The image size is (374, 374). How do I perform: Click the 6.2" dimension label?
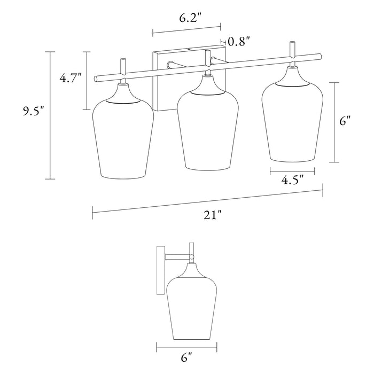[191, 18]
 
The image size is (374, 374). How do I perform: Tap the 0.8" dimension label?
[239, 42]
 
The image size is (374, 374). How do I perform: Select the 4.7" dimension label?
[71, 78]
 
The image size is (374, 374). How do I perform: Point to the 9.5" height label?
[34, 111]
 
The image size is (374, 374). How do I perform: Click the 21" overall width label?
[213, 215]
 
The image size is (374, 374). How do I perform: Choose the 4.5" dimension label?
[293, 180]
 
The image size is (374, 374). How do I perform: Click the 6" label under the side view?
[186, 357]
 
